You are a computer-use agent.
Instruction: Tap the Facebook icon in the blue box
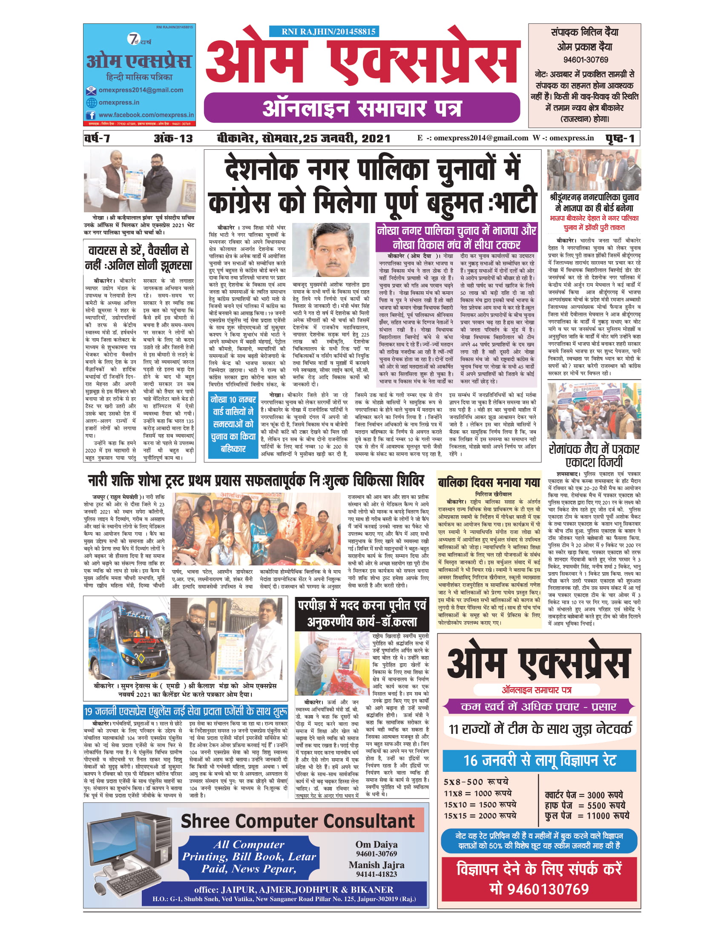coord(91,115)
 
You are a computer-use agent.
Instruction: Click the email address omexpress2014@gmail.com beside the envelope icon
coord(141,90)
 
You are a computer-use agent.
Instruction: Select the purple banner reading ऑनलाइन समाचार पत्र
coord(362,108)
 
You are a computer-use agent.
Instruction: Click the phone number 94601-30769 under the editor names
coord(585,60)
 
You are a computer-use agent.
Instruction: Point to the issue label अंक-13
coord(173,138)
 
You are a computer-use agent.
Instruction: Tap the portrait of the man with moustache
coord(331,249)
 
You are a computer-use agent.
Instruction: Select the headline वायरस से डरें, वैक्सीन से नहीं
coord(139,257)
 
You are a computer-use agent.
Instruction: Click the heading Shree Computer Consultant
coord(297,821)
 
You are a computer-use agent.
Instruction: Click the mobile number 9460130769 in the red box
coord(539,889)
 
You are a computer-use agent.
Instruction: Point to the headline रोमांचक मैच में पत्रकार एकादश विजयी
coord(594,455)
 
